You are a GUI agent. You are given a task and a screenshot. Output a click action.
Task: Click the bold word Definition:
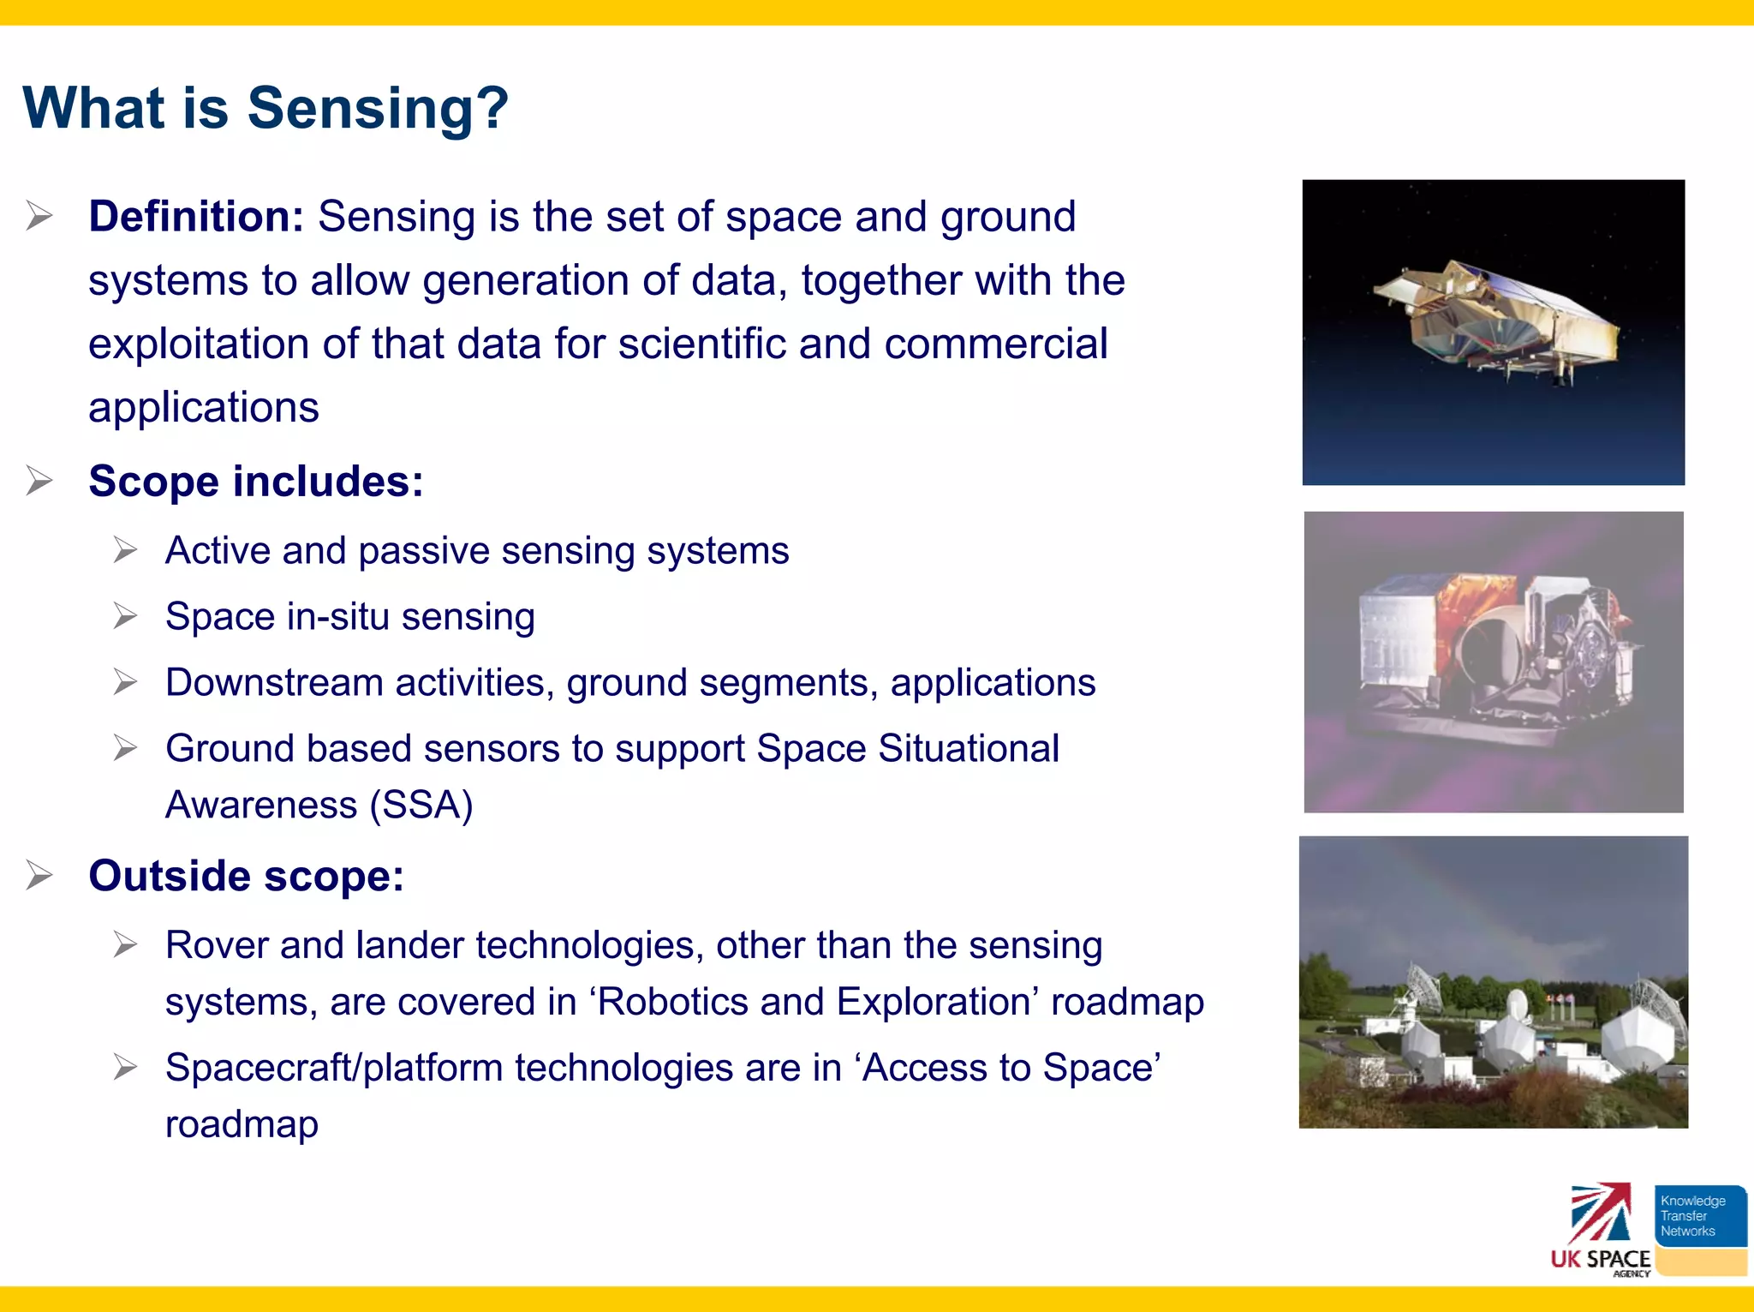[196, 216]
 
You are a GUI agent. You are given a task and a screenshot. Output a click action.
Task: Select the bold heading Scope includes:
[255, 481]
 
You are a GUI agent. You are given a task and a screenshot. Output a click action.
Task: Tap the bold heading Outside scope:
[246, 876]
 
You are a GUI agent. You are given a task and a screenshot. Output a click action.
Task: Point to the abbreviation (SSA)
[421, 805]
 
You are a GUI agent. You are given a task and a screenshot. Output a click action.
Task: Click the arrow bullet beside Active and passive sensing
[125, 550]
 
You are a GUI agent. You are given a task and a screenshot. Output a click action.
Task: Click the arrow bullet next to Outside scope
[39, 876]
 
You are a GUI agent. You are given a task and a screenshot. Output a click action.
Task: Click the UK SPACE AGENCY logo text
[1600, 1259]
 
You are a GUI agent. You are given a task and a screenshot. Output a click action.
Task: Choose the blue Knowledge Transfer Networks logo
[1699, 1216]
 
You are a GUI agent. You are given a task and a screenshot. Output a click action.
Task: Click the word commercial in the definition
[995, 344]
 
